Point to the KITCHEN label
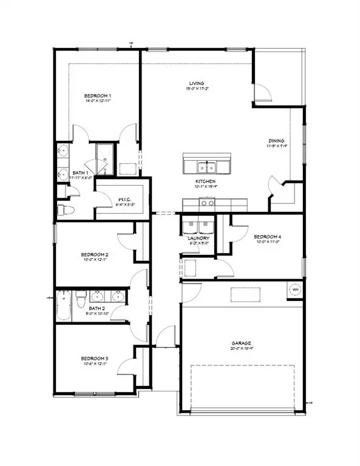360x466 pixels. pos(205,181)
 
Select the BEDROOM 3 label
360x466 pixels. pos(95,359)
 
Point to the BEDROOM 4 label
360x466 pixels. pos(268,236)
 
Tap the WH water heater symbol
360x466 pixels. pos(296,289)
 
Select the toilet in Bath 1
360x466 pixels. pos(66,210)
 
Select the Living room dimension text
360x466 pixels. pos(195,89)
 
